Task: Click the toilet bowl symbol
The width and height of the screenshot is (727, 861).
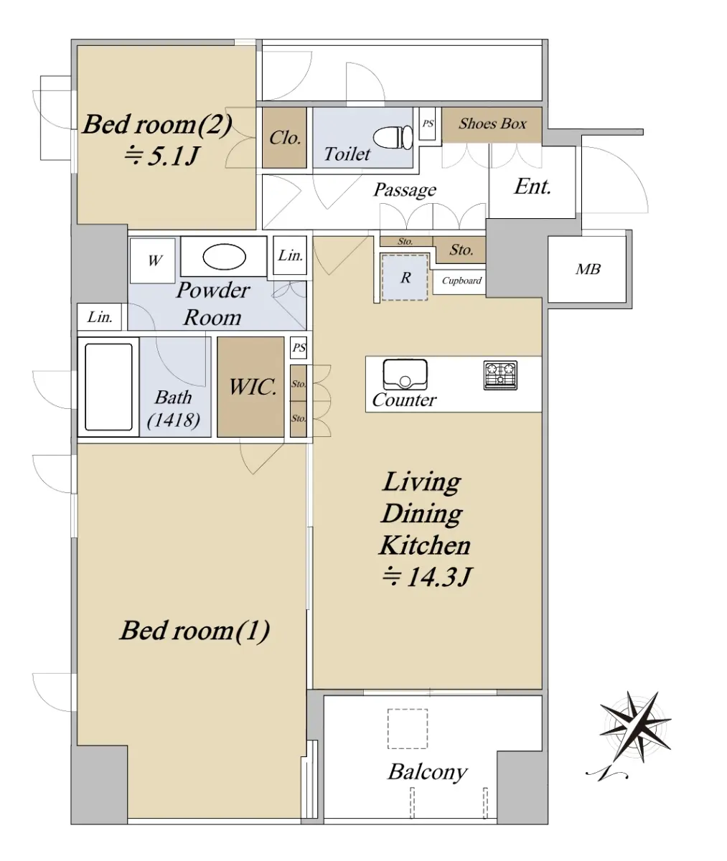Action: (x=393, y=137)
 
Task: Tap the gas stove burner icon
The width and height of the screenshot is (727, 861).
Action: (x=500, y=375)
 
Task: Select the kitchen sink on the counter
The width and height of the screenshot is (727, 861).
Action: (x=405, y=375)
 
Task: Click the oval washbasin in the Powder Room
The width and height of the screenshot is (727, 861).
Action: (x=224, y=257)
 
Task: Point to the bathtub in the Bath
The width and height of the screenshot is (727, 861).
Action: (x=108, y=387)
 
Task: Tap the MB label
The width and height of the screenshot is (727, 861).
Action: (x=588, y=269)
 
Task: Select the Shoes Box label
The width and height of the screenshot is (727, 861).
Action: (x=492, y=123)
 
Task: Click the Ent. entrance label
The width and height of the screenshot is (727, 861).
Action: (x=533, y=187)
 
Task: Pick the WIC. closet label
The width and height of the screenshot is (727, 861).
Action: (x=253, y=387)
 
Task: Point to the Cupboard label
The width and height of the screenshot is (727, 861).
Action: (x=461, y=281)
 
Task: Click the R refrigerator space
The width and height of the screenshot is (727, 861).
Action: (x=405, y=278)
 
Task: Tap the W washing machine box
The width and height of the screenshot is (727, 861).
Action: (x=152, y=260)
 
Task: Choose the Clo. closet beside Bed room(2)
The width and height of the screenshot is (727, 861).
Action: (x=284, y=138)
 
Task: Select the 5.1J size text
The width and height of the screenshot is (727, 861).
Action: (x=161, y=156)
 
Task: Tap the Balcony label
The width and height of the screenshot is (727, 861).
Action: (x=428, y=771)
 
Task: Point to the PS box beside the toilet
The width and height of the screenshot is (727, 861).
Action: (x=428, y=123)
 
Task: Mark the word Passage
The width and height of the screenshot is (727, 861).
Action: (x=405, y=190)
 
